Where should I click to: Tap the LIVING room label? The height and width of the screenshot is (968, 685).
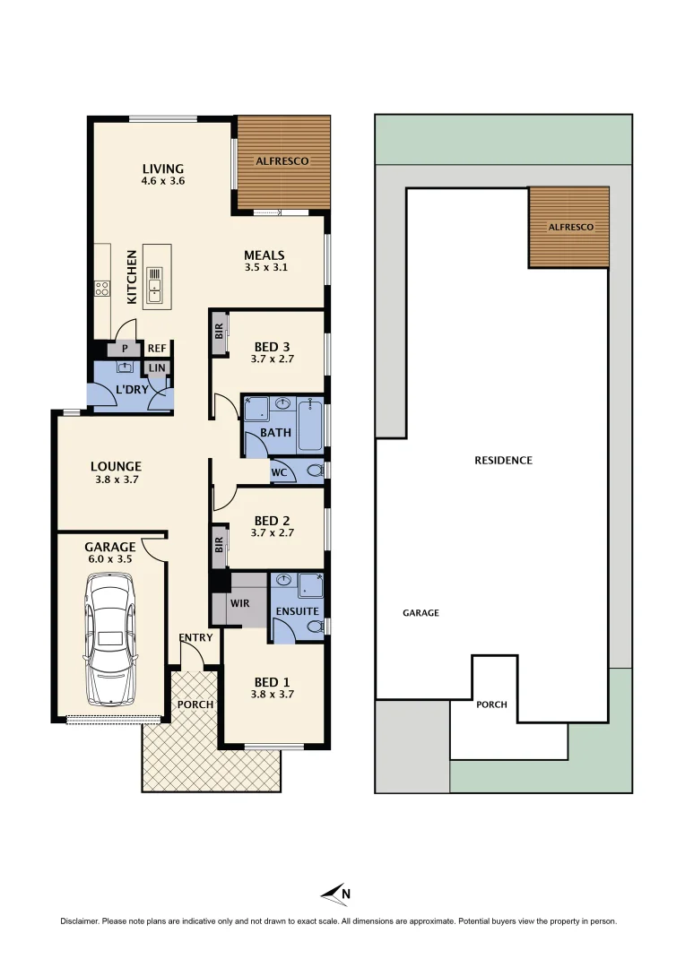point(162,169)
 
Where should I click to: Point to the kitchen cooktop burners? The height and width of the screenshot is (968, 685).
point(102,289)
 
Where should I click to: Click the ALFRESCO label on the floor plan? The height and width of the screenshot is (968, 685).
point(282,161)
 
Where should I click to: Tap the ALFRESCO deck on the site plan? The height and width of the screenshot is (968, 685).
point(569,227)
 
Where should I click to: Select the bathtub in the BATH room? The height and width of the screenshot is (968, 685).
point(310,426)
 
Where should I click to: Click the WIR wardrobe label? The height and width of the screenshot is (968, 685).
point(239,603)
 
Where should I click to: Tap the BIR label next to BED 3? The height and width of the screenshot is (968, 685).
point(219,332)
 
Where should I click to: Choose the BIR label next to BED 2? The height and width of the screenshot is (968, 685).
point(219,544)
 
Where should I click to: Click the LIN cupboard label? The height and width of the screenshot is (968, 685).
point(157,367)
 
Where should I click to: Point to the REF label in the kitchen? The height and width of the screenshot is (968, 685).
point(157,349)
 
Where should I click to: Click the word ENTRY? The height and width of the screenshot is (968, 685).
point(195,638)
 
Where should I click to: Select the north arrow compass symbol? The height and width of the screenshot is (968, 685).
point(334,893)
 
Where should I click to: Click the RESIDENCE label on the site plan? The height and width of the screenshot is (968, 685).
point(503,461)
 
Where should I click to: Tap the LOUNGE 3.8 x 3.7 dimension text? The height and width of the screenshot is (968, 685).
point(116,480)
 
